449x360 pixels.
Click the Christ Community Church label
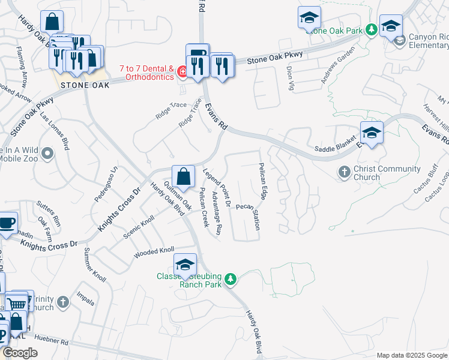click(366, 173)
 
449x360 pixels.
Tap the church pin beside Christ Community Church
click(345, 172)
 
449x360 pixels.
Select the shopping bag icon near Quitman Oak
click(183, 177)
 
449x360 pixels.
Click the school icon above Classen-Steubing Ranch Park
click(185, 265)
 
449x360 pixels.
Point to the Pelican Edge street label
click(263, 181)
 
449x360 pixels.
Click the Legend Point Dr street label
click(217, 188)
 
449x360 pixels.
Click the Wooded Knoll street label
click(154, 250)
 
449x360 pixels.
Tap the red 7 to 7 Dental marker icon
click(181, 73)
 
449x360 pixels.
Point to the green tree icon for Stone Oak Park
click(371, 29)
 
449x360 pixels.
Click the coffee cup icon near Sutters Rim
click(6, 223)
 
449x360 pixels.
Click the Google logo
click(20, 353)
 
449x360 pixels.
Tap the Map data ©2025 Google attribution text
click(411, 355)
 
